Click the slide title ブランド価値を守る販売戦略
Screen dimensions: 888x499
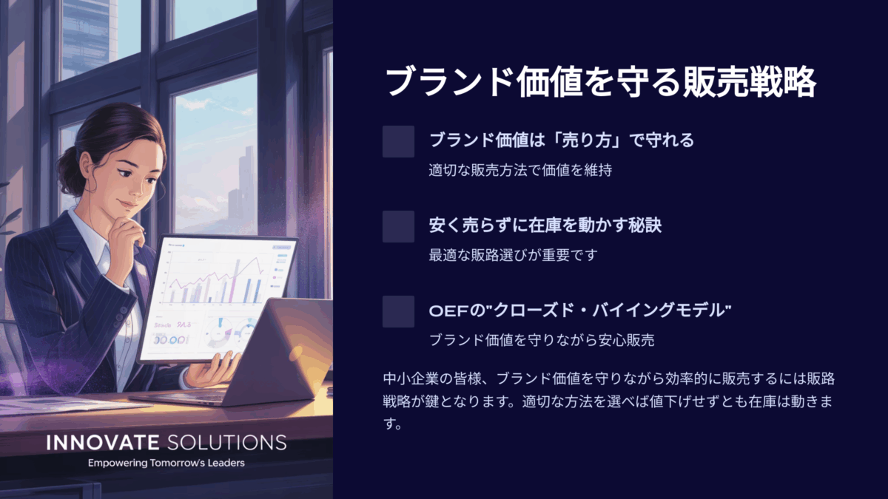click(x=601, y=82)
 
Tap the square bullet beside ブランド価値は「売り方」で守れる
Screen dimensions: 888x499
click(x=398, y=141)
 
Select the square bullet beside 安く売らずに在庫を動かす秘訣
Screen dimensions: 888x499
click(x=398, y=226)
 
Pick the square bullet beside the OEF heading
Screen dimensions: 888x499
click(x=398, y=311)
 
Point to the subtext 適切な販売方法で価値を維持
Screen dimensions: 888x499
click(x=520, y=170)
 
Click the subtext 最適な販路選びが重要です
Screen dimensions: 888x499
click(x=514, y=255)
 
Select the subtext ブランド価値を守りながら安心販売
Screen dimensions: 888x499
click(x=542, y=340)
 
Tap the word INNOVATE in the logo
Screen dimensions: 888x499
click(x=103, y=442)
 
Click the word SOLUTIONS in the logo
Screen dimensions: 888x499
click(x=226, y=442)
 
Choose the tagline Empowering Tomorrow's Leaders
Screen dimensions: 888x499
click(x=166, y=463)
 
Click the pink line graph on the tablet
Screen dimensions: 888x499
click(x=216, y=275)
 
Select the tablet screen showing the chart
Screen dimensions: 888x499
click(x=218, y=299)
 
